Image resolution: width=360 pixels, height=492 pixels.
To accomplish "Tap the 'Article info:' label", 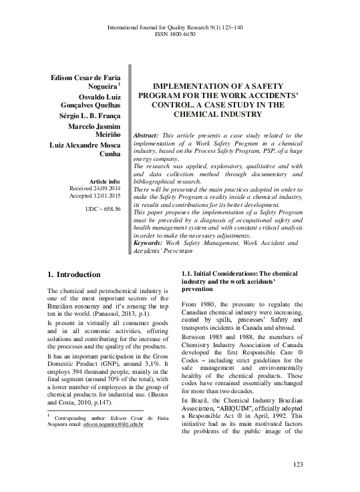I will (x=100, y=182).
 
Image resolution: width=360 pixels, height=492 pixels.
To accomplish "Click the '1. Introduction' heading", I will (x=74, y=274).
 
